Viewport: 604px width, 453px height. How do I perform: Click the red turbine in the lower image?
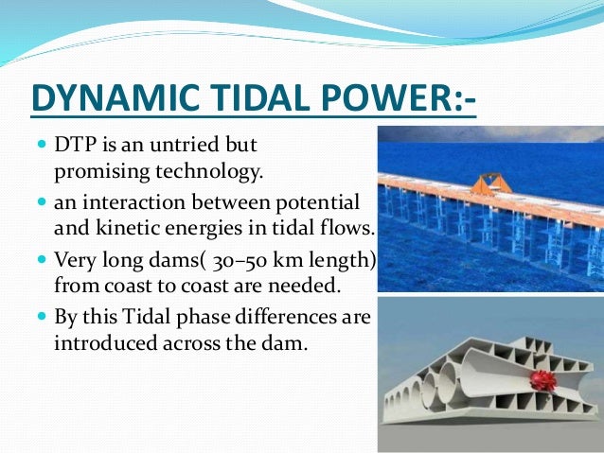543,379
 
